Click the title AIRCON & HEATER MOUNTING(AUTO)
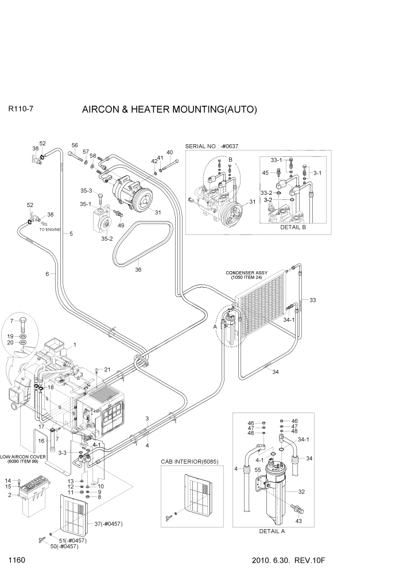169,109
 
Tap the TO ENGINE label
49,229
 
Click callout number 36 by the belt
138,269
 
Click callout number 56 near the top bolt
75,145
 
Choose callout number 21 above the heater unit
106,369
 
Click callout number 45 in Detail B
265,172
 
